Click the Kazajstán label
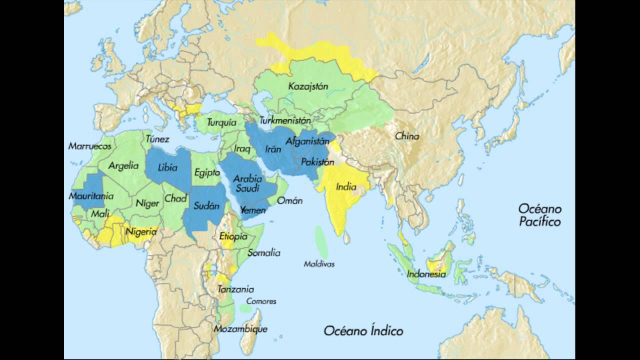[x=308, y=86]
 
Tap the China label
[x=407, y=136]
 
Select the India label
[x=346, y=187]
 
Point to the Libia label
[x=167, y=167]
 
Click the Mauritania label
[x=91, y=196]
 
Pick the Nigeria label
[x=141, y=232]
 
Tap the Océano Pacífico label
[x=539, y=215]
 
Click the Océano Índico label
[x=363, y=330]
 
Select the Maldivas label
[x=319, y=264]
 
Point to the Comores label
[x=261, y=301]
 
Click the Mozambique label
[x=240, y=329]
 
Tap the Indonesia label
[x=426, y=274]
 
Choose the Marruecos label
[x=89, y=146]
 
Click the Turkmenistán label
[x=284, y=120]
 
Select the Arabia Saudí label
[x=247, y=183]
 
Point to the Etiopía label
[x=233, y=236]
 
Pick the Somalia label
[x=263, y=253]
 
